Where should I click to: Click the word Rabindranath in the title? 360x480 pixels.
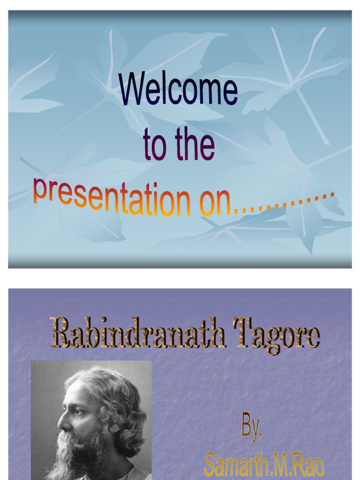(x=138, y=334)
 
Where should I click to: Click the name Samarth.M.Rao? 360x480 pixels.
(x=263, y=464)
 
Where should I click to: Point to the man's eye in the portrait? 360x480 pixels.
(x=78, y=412)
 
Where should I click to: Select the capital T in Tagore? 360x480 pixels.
(x=245, y=332)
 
